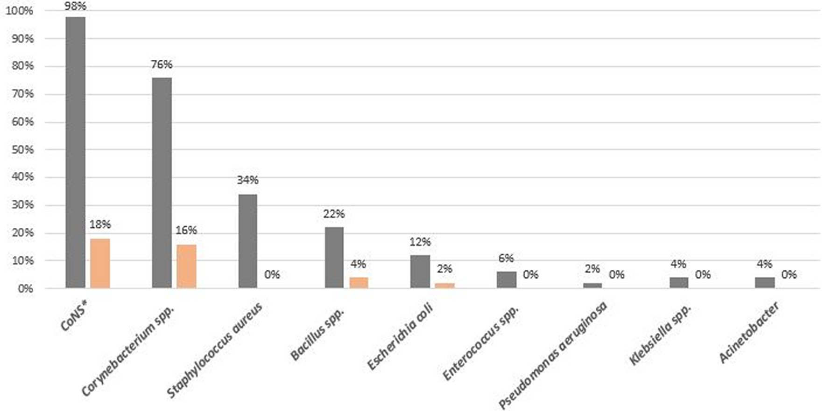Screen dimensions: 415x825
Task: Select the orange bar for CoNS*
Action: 100,263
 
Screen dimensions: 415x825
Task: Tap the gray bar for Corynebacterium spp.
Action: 162,183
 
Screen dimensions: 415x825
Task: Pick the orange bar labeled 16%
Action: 186,266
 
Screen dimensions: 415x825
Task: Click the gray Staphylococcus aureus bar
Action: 247,241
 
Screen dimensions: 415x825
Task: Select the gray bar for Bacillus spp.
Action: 334,257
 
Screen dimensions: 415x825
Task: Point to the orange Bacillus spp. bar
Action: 359,283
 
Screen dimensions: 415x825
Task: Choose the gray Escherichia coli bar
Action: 420,271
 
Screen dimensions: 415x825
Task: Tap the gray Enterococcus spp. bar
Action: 506,280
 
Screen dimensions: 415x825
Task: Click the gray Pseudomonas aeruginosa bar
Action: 592,285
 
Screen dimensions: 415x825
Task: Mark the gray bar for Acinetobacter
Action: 764,282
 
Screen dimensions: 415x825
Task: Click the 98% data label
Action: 76,7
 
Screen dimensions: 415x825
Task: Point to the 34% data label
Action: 247,180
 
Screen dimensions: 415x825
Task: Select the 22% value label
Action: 334,214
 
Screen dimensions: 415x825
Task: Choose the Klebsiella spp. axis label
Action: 660,335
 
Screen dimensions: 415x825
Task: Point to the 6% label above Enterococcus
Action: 506,258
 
